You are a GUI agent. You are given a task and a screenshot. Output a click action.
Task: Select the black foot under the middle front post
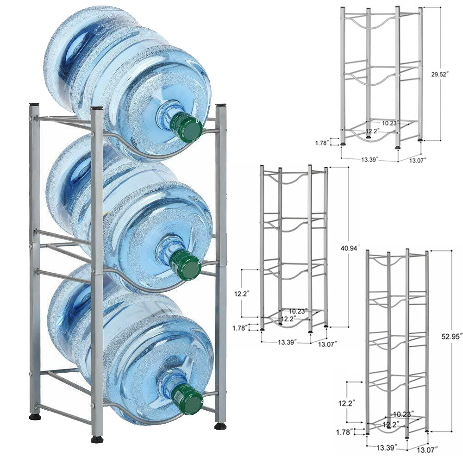97,439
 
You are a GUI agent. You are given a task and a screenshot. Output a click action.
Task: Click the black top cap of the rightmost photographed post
221,106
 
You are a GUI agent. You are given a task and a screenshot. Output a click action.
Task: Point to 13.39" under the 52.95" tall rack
377,448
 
